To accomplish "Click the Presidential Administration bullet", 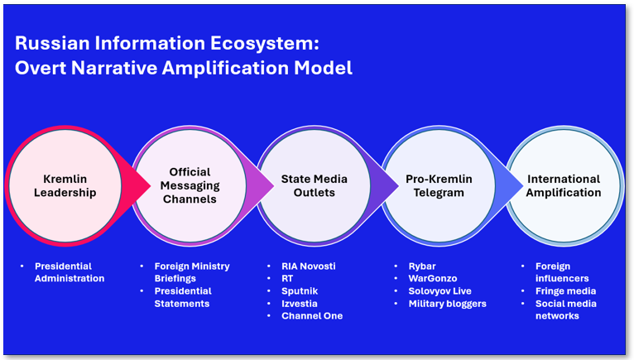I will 70,272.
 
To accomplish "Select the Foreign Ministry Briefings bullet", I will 192,272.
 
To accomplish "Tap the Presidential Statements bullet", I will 183,297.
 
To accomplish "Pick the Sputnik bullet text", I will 300,291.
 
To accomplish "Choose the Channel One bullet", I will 311,316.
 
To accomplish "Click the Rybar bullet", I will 422,266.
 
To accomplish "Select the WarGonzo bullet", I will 433,279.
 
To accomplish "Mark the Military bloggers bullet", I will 447,304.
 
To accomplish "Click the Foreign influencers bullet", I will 560,272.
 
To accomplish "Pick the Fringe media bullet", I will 566,291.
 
